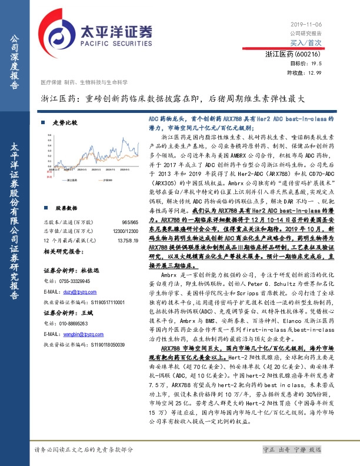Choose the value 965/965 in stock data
129,206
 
